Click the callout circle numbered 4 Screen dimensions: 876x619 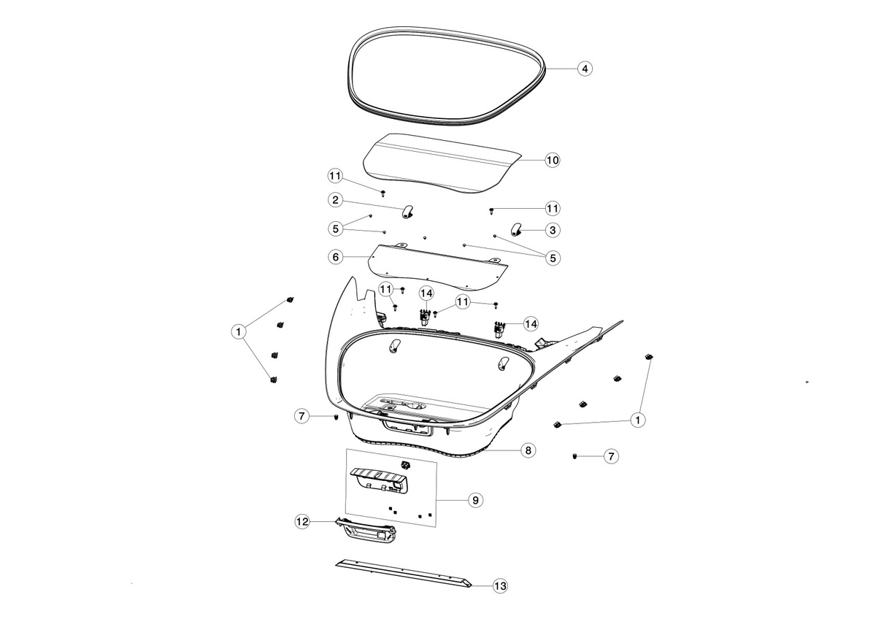pos(585,69)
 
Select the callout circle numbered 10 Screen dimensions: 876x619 pos(552,160)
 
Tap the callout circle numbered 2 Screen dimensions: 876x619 pos(335,200)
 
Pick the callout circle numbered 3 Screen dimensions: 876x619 pos(552,230)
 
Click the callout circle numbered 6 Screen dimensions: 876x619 pos(335,257)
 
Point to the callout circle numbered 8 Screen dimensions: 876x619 pos(528,450)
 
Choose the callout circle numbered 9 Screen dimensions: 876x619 pos(475,500)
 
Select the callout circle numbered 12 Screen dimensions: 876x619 pos(302,522)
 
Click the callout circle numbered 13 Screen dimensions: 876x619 pos(500,585)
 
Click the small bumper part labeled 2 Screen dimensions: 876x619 pos(407,212)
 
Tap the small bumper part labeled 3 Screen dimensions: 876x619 pos(517,230)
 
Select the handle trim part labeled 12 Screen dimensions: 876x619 pos(366,532)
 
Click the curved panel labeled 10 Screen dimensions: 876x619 pos(442,163)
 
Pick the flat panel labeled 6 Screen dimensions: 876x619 pos(438,268)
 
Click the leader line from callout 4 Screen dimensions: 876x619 pos(561,69)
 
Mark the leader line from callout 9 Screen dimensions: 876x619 pos(452,500)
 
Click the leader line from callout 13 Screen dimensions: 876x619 pos(482,585)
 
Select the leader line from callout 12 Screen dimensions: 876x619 pos(323,521)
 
